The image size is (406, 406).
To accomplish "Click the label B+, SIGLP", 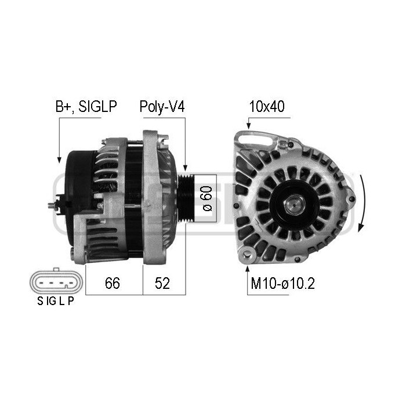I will tap(86, 107).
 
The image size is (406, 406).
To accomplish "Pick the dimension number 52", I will tap(163, 283).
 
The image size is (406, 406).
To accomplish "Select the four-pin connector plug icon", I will tap(56, 282).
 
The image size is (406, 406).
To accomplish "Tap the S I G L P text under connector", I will tap(56, 302).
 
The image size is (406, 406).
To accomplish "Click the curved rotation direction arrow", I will tap(362, 203).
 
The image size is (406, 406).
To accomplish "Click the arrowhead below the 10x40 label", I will tap(248, 126).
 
